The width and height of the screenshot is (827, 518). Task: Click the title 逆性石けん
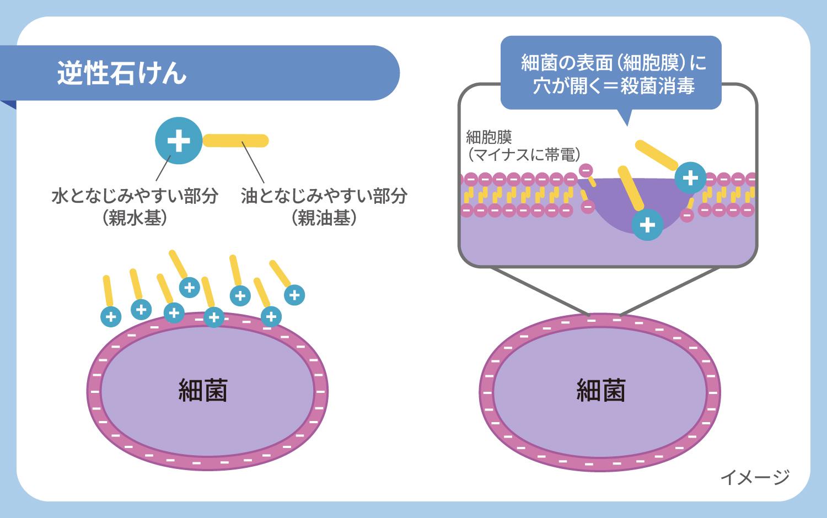coord(121,73)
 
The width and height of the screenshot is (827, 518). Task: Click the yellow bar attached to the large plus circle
coord(236,141)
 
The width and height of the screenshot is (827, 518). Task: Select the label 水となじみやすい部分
coord(135,196)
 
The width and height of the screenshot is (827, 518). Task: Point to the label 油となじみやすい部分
coord(324,196)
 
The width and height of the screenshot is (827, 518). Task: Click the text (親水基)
coord(135,218)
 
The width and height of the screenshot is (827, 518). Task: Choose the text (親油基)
coord(324,218)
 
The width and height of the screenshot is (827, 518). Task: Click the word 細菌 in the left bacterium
coord(203,390)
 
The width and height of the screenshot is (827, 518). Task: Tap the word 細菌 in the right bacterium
coord(600,390)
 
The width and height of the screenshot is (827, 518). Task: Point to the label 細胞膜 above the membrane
coord(488,137)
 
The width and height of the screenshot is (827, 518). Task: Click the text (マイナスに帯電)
coord(523,155)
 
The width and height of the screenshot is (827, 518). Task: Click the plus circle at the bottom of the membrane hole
coord(647,225)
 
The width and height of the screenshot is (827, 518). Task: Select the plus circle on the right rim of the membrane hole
coord(690,177)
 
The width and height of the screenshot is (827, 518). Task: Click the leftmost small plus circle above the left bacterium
coord(111,316)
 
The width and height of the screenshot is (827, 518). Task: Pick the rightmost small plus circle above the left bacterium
coord(294,295)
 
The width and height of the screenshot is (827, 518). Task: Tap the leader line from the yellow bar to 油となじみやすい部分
coord(253,165)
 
